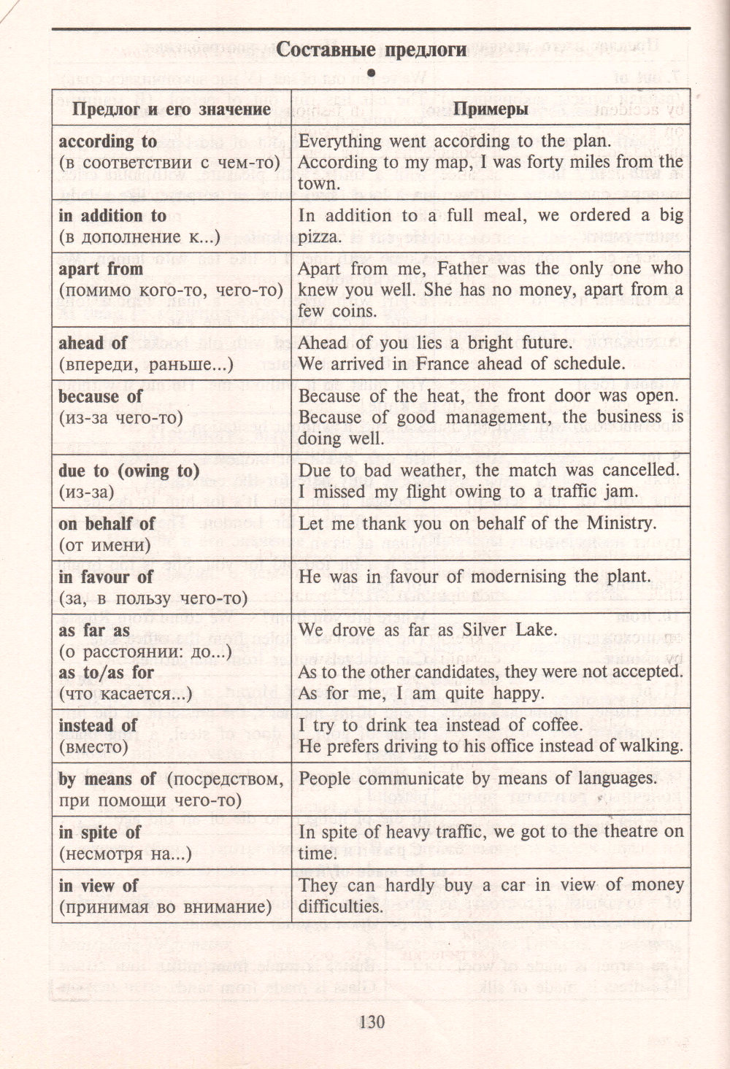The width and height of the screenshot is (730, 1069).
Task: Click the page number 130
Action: coord(372,1022)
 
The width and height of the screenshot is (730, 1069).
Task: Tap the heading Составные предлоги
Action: coord(372,50)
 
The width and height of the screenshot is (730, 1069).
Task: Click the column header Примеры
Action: coord(491,109)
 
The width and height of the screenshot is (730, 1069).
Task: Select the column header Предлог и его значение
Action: coord(171,109)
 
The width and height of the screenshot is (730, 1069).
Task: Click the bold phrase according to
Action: coord(108,142)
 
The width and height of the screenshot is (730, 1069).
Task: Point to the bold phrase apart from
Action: coord(101,269)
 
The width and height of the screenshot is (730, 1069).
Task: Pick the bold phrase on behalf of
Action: coord(107,524)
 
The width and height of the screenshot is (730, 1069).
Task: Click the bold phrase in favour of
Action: coord(106,577)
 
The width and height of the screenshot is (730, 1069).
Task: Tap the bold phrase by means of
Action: coord(107,779)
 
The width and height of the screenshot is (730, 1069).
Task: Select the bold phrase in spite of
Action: coord(100,833)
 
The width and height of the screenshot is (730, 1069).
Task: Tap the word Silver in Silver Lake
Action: coord(488,630)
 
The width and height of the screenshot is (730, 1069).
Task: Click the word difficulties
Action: coord(341,907)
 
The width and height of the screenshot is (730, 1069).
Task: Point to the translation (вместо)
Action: coord(93,746)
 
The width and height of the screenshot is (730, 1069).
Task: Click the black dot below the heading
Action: coord(371,72)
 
